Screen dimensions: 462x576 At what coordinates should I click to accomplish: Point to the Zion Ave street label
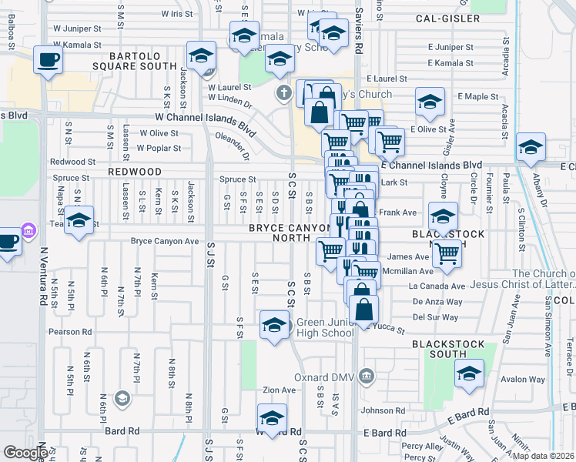[280, 390]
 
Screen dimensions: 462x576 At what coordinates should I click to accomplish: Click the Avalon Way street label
[523, 379]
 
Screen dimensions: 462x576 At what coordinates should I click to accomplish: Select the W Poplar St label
[159, 148]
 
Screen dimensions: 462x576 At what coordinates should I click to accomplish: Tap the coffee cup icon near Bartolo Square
[49, 62]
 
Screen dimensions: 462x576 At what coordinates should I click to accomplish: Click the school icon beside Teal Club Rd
[79, 221]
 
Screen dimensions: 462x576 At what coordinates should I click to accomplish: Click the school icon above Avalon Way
[468, 374]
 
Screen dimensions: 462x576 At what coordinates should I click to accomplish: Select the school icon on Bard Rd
[272, 420]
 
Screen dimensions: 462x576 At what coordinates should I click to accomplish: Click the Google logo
[25, 453]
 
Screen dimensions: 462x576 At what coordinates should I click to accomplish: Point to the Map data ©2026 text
[544, 456]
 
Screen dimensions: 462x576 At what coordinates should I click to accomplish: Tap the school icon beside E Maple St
[430, 102]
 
